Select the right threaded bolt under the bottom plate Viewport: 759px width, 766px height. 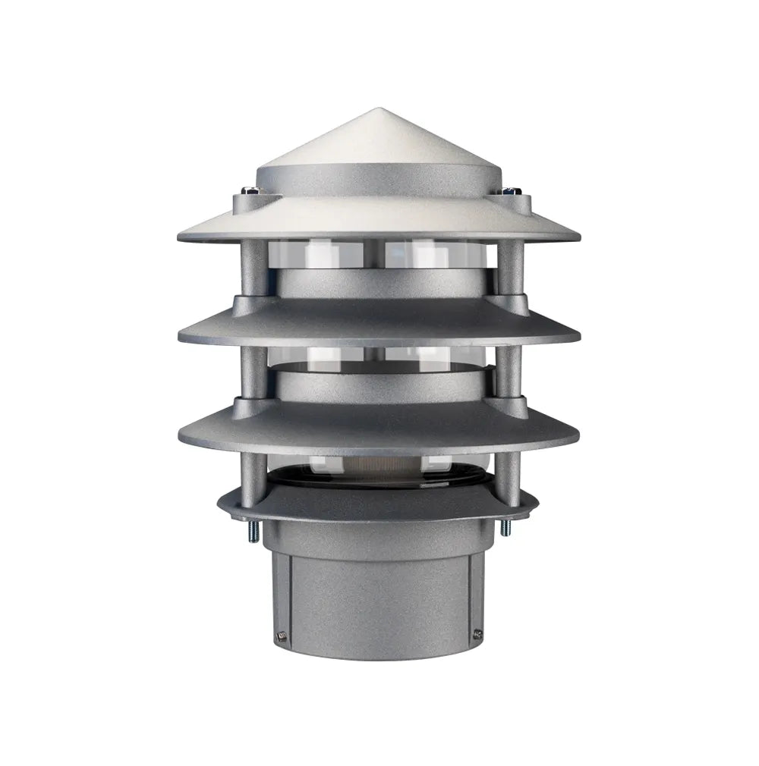(x=505, y=527)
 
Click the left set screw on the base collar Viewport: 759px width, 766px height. (x=282, y=636)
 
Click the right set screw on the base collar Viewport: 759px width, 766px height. (x=477, y=633)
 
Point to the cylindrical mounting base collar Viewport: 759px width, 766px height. (x=378, y=599)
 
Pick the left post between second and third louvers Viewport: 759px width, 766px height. (x=253, y=371)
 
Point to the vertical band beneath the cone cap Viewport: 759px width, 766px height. (x=378, y=181)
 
